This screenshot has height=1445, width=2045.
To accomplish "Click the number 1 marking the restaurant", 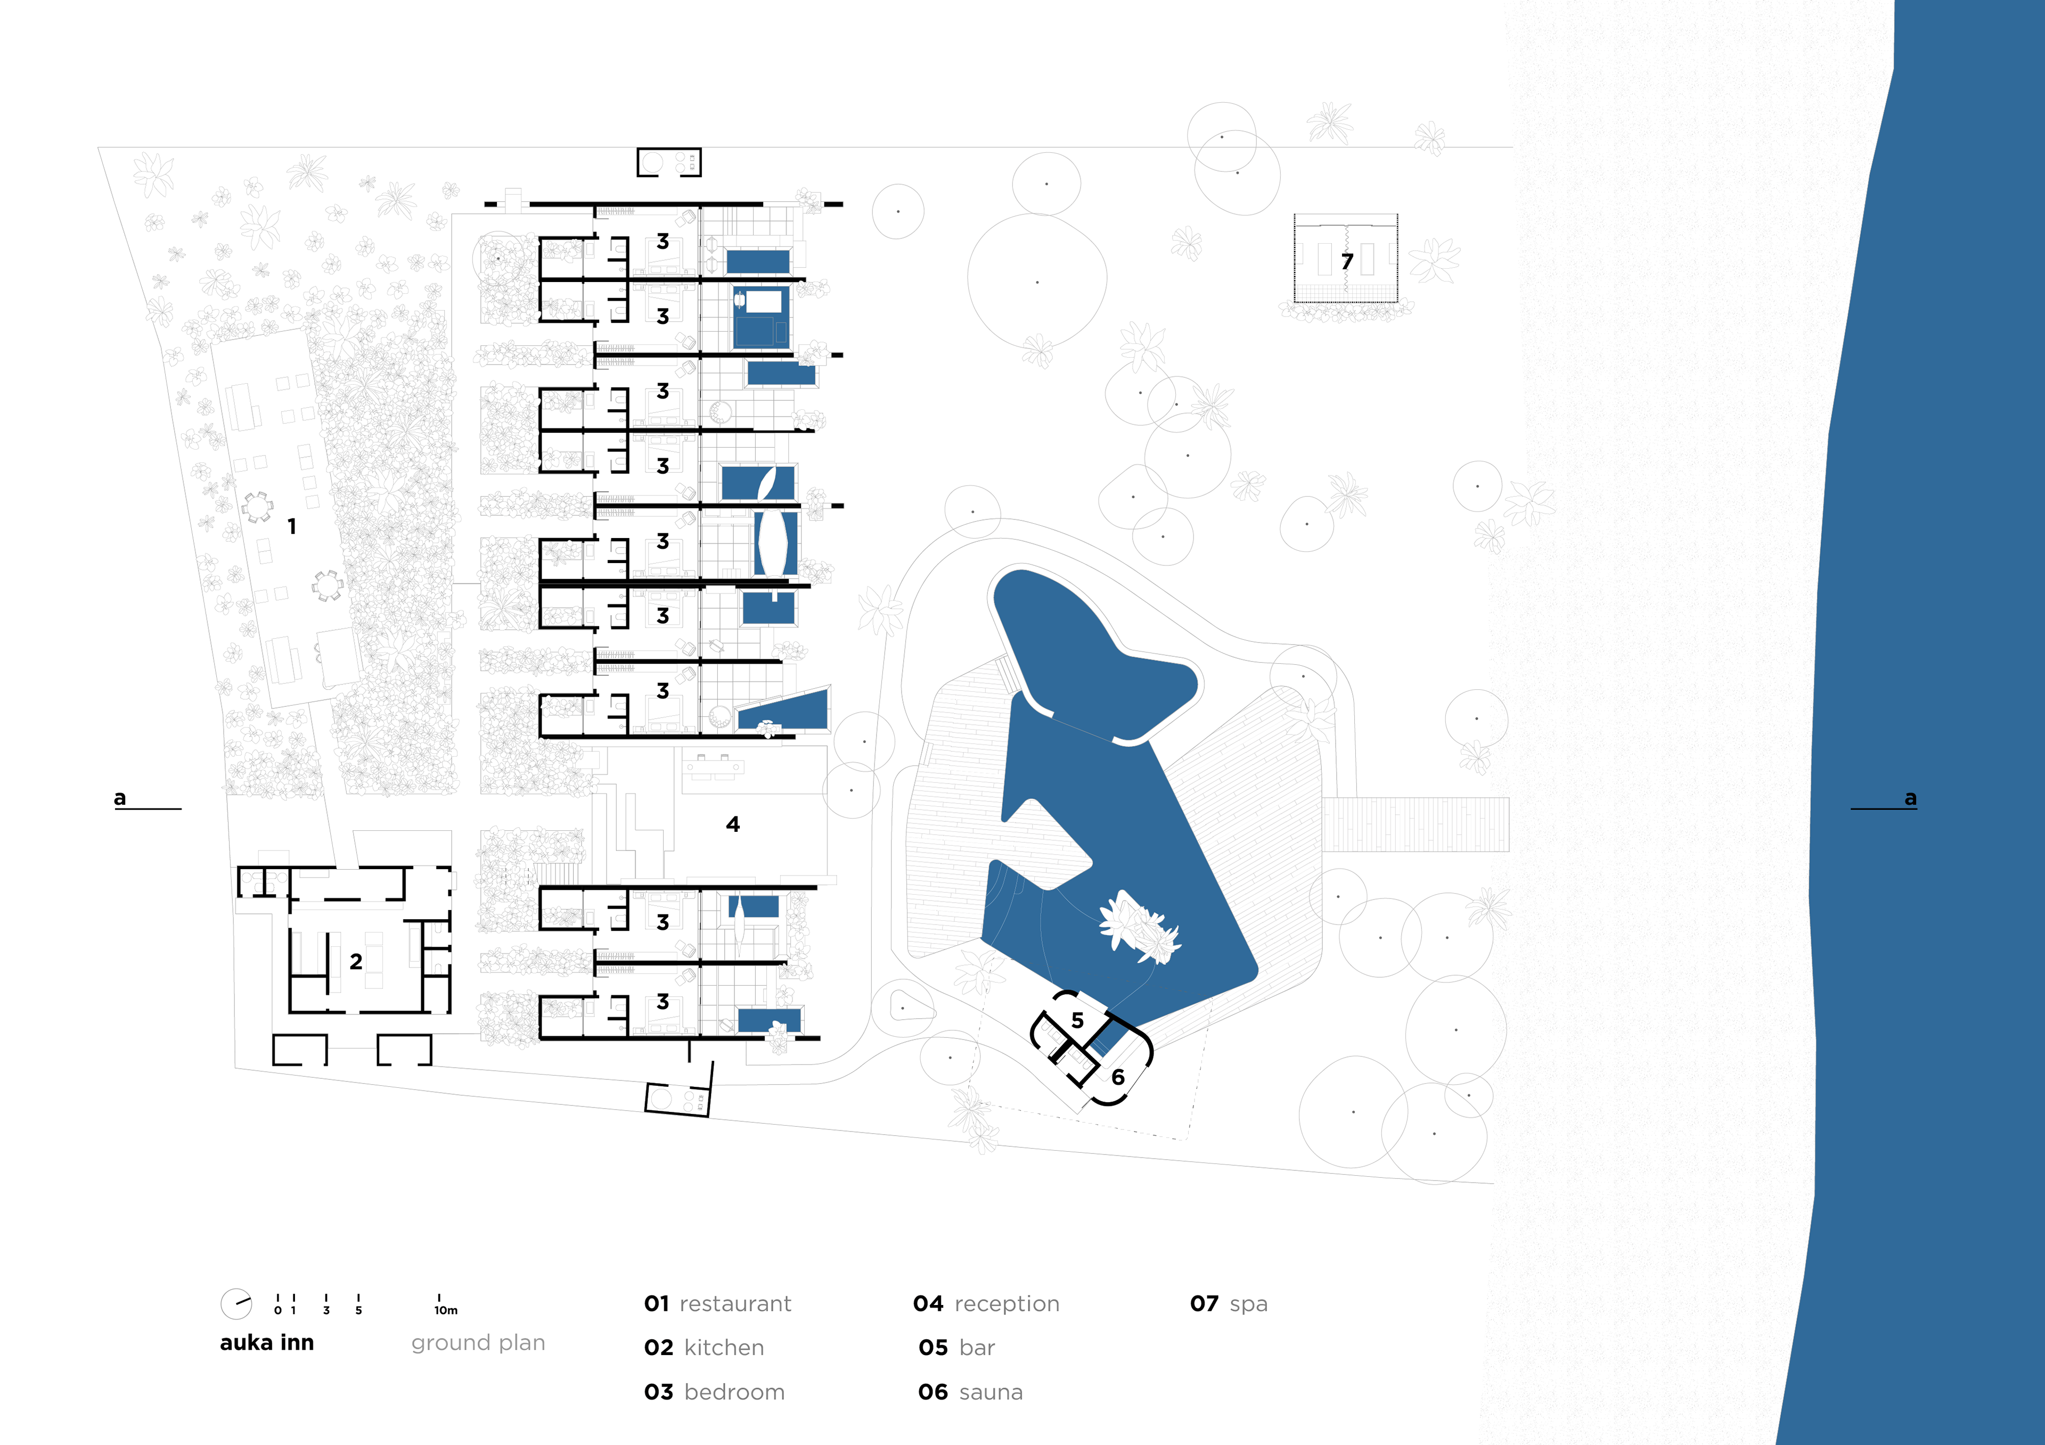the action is coord(292,527).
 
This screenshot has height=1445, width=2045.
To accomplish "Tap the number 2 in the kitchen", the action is coord(356,962).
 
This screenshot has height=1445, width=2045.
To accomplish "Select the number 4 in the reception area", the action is coord(733,824).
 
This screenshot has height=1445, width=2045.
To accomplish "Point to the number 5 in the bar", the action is coord(1078,1020).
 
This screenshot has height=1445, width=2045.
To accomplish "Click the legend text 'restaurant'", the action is coord(735,1304).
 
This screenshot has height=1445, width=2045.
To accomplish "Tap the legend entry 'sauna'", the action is coord(991,1392).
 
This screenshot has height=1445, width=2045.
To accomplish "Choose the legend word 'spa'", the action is coord(1249,1304).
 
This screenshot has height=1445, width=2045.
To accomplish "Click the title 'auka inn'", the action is coord(267,1343).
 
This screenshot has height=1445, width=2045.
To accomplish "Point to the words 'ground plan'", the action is coord(478,1343).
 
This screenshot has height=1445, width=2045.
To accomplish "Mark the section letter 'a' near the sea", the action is coord(1910,798).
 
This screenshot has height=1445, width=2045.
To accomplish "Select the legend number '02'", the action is coord(659,1348).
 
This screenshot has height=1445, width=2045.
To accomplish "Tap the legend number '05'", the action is coord(934,1348).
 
